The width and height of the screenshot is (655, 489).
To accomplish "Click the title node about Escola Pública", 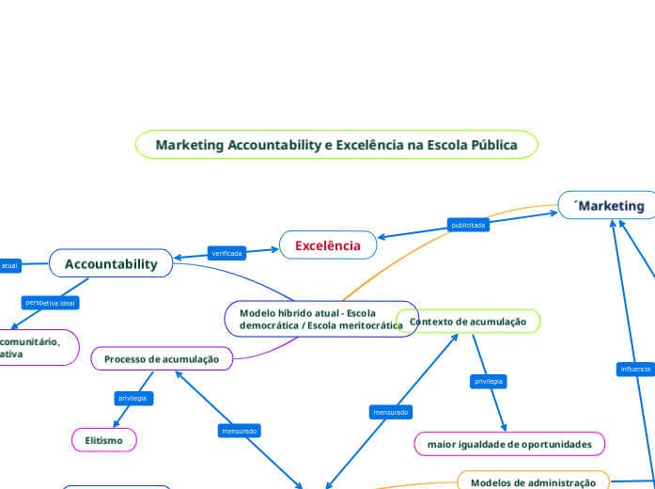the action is click(x=336, y=145).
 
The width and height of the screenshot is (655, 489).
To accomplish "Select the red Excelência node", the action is click(x=328, y=245).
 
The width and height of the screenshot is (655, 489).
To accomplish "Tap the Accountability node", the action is click(x=111, y=264).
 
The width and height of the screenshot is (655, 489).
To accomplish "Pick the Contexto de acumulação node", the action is click(x=468, y=322).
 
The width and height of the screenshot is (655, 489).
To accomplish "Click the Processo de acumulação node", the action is click(x=162, y=359).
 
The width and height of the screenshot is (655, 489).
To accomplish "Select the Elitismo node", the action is click(x=103, y=440).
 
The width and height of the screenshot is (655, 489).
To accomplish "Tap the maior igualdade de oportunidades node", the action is click(x=509, y=444).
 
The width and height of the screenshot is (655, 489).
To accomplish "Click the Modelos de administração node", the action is click(x=533, y=482).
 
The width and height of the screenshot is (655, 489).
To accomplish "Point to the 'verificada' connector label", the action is click(x=227, y=253).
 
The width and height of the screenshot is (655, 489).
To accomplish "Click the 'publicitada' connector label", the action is click(x=468, y=225).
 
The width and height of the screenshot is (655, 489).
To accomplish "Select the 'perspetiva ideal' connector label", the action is click(x=52, y=303).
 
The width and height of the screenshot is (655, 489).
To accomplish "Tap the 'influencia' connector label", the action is click(x=635, y=369).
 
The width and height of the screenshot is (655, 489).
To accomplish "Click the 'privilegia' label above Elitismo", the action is click(x=133, y=399).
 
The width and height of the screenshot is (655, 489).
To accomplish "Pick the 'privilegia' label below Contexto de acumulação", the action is click(x=489, y=381).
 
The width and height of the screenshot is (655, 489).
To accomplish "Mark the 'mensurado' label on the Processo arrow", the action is click(x=239, y=431).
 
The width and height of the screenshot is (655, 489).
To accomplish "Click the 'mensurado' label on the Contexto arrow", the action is click(x=390, y=412).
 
